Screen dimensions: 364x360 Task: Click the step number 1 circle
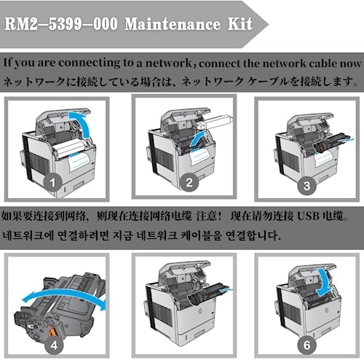tap(52, 182)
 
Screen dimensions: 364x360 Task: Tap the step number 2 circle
tap(189, 182)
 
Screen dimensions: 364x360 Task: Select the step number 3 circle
tap(307, 186)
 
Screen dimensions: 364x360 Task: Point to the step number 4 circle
tap(54, 345)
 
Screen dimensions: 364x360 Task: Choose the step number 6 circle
tap(307, 345)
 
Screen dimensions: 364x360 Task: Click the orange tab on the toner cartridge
tap(52, 331)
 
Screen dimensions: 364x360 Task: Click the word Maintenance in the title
tap(173, 24)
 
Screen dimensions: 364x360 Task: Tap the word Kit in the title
tap(240, 24)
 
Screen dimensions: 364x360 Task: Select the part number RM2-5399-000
tap(61, 24)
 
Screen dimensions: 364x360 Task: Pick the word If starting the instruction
tap(7, 63)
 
